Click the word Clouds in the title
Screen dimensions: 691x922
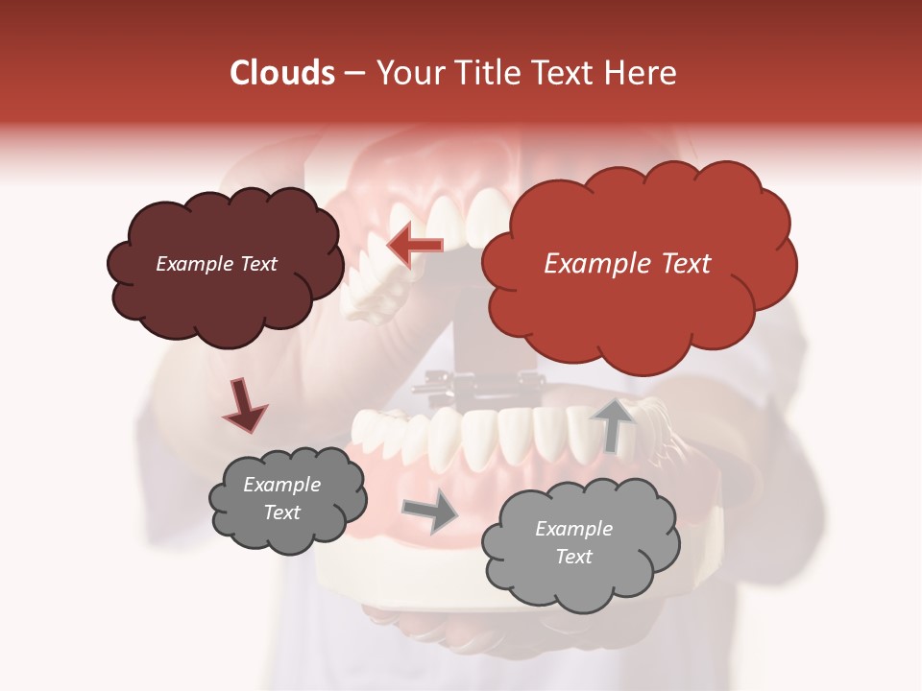point(282,73)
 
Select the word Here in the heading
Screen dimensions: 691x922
point(643,73)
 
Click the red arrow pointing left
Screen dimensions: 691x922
point(415,246)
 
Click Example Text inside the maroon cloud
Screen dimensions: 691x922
point(216,264)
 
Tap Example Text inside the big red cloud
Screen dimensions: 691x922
point(627,264)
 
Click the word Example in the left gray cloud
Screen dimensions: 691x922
point(281,485)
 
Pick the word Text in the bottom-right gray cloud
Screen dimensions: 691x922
point(573,557)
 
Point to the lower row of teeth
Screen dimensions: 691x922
point(480,437)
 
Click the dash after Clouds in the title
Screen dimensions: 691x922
point(353,73)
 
